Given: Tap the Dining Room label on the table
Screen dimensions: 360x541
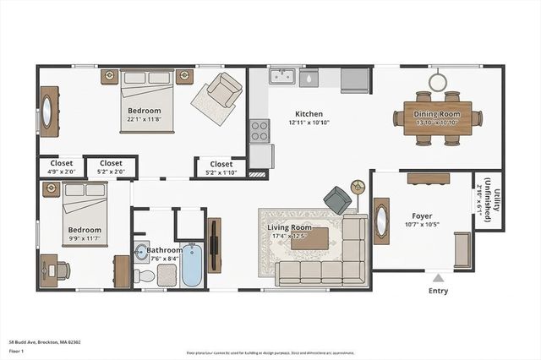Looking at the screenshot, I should click(438, 113).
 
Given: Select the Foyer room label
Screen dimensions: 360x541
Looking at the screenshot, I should click(422, 215).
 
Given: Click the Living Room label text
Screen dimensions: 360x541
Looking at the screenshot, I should click(290, 228).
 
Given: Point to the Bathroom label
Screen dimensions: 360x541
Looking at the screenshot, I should click(164, 251).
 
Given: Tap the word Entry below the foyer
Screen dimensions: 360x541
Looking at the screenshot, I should click(438, 292).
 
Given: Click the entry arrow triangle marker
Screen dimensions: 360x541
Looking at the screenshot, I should click(438, 277).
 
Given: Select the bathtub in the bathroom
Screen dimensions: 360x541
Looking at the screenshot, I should click(192, 265).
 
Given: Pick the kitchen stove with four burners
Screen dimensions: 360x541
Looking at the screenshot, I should click(260, 131).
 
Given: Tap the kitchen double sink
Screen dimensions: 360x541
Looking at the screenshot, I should click(281, 77).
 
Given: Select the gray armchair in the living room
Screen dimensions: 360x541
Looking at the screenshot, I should click(338, 200).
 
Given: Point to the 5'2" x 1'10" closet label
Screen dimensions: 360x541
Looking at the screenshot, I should click(221, 168).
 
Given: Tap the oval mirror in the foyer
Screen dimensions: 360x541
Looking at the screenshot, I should click(381, 221).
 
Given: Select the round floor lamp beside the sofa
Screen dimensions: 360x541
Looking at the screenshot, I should click(358, 185).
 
